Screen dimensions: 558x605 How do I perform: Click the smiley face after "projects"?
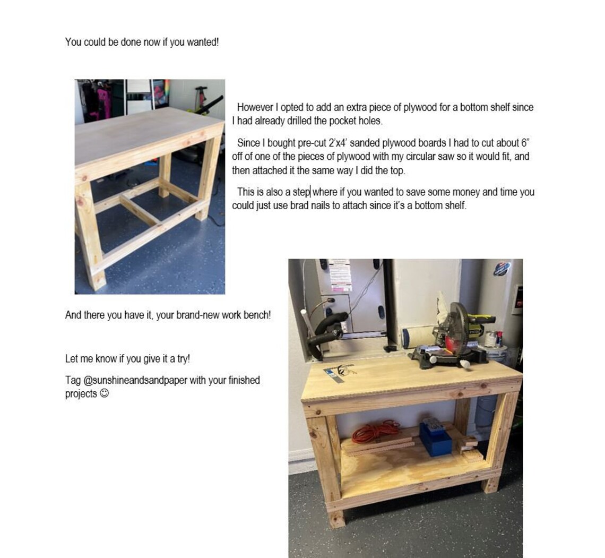pos(105,393)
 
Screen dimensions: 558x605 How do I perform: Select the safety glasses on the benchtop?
pos(340,370)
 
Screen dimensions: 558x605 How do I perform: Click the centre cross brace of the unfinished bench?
pos(139,209)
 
